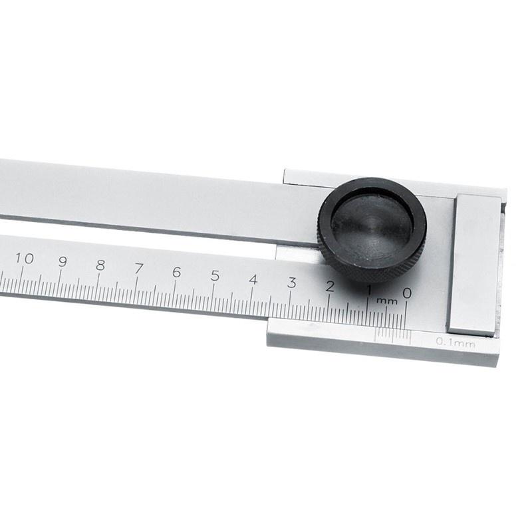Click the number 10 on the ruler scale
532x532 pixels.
pos(25,259)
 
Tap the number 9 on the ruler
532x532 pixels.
pos(63,261)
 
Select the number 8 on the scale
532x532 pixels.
pos(100,265)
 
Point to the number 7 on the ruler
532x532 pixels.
pos(138,268)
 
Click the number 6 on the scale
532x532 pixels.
pos(176,271)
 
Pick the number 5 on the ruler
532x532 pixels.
pos(215,275)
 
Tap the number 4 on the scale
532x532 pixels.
pos(253,279)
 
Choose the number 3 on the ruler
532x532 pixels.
pos(291,283)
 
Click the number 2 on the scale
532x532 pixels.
pos(330,287)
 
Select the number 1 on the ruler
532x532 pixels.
pos(368,290)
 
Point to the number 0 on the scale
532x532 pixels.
pos(407,293)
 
